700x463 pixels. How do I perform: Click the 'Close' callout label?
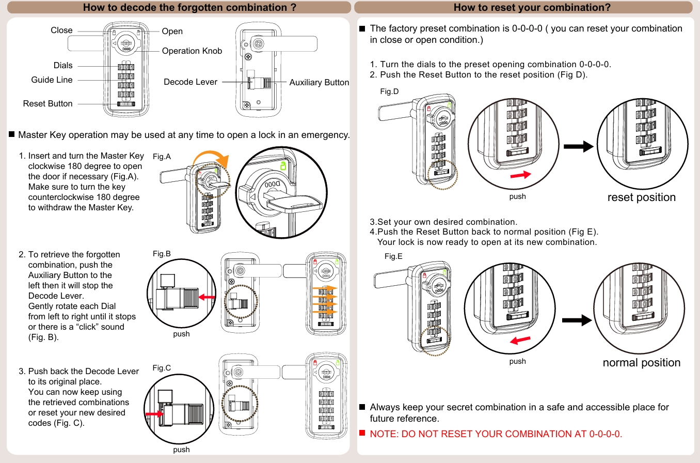61,30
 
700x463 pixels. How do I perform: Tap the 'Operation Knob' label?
192,51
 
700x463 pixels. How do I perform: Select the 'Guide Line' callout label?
52,80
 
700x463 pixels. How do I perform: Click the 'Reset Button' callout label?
47,104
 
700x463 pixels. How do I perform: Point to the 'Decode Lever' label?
190,82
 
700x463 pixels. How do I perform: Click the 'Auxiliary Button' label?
319,83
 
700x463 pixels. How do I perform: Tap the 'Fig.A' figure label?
162,157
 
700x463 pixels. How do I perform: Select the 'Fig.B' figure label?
162,254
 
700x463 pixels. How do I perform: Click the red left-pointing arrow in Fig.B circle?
208,297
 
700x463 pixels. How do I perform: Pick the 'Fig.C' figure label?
162,368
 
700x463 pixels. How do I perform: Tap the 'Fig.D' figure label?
389,91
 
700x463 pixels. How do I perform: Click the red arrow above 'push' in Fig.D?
520,176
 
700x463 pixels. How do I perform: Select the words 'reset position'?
641,197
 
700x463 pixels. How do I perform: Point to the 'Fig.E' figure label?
393,256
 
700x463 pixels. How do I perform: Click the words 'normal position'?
641,363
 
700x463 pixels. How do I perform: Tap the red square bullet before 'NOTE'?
362,433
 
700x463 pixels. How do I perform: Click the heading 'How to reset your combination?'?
532,7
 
